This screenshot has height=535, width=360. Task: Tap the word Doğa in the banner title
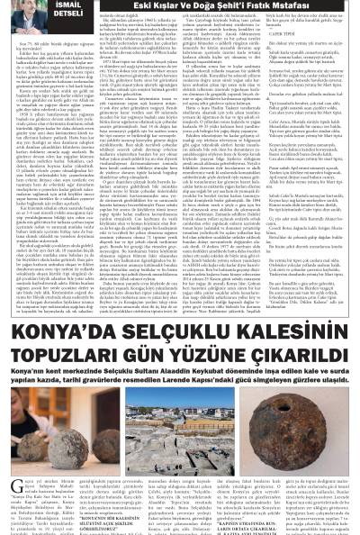209,8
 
